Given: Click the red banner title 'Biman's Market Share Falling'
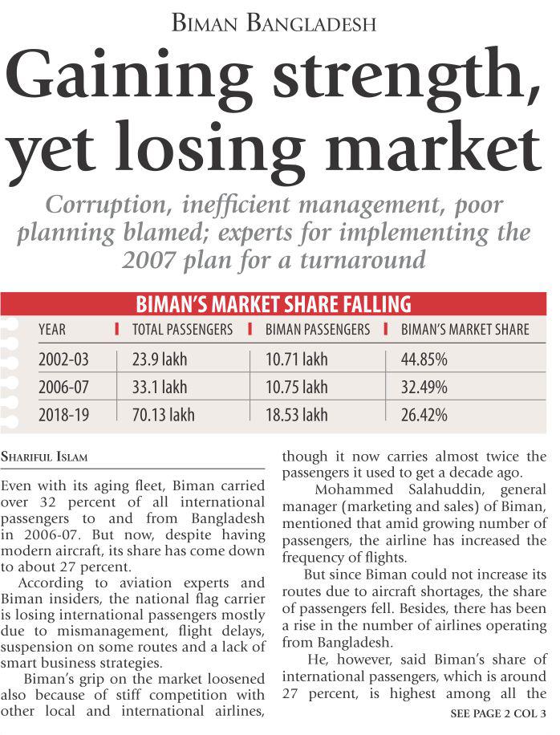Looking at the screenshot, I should (x=274, y=304).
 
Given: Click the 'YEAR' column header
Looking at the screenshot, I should (x=53, y=329).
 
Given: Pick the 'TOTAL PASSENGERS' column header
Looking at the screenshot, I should (x=182, y=329).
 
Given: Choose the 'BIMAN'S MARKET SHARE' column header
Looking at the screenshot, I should (x=465, y=329).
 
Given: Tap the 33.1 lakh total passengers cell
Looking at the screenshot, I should (x=160, y=387).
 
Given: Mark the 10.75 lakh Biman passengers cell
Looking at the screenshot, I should (x=296, y=387).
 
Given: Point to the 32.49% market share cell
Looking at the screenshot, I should (x=424, y=387).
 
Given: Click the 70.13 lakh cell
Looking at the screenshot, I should (x=163, y=415).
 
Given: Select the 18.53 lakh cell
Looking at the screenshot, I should (x=296, y=415).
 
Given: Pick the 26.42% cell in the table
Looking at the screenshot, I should (x=424, y=415).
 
